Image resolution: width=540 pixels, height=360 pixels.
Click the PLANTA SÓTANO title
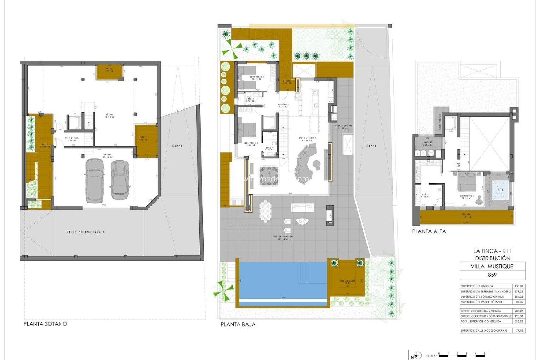(45, 324)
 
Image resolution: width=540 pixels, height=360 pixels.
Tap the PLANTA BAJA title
(238, 324)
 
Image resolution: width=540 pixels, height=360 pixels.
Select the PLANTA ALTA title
(429, 231)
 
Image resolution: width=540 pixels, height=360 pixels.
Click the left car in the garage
(95, 181)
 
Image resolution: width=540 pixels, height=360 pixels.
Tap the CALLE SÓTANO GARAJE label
(86, 232)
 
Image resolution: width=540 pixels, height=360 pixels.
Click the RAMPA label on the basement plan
(177, 146)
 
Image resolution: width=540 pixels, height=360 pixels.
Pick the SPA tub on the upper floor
(501, 190)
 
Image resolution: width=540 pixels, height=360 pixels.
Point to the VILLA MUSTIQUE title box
(492, 266)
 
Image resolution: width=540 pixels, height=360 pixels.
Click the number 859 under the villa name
(492, 275)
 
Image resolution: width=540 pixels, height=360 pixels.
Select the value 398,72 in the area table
(519, 321)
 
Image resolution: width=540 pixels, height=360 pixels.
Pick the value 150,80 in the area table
(519, 286)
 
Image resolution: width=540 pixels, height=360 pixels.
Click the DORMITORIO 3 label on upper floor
(467, 196)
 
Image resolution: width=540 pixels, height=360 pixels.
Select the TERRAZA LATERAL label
(343, 127)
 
